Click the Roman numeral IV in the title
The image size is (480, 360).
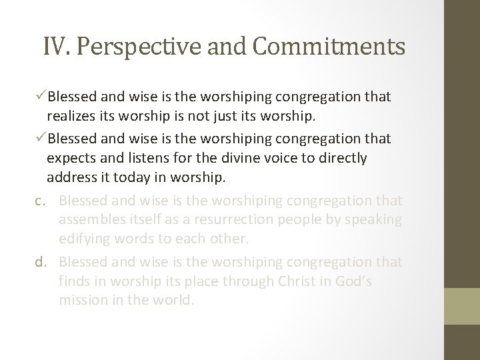[54, 47]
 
